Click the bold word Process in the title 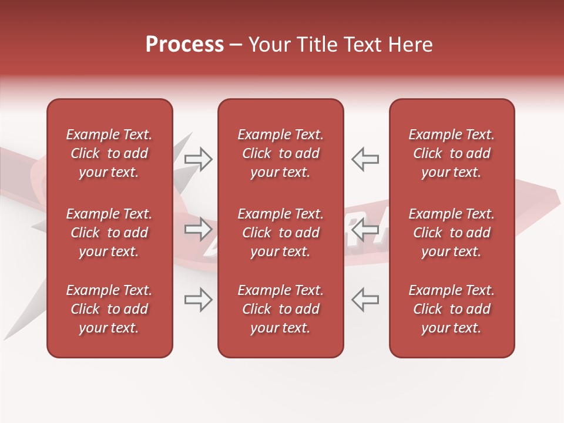coord(184,45)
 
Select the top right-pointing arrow coord(199,159)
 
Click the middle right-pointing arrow coord(199,229)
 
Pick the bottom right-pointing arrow coord(199,300)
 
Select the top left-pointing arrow coord(365,159)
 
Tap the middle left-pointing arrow coord(365,229)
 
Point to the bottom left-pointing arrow coord(365,300)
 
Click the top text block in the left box coord(109,153)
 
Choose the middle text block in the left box coord(109,233)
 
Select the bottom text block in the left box coord(109,309)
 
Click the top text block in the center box coord(281,153)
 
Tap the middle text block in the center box coord(281,233)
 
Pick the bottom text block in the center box coord(281,309)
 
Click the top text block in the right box coord(452,153)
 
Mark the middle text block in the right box coord(452,233)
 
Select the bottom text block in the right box coord(452,309)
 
